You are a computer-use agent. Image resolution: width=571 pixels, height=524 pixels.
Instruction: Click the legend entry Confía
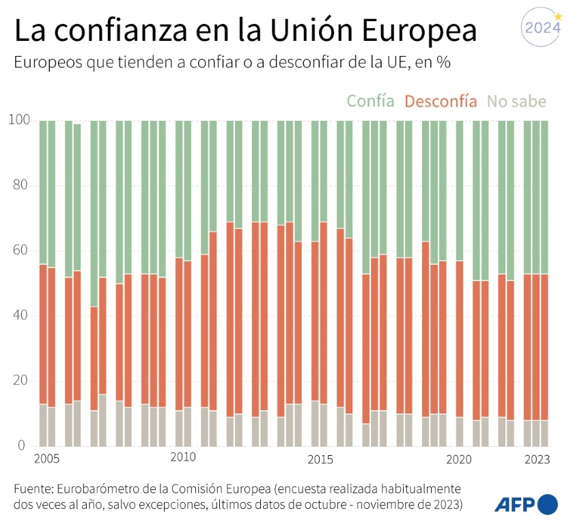(x=370, y=101)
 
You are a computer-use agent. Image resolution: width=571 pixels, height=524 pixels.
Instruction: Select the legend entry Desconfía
(x=441, y=101)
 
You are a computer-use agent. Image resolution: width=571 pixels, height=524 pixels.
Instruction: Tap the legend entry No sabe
(x=516, y=101)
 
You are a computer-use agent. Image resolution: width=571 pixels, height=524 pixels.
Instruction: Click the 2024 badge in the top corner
(x=541, y=29)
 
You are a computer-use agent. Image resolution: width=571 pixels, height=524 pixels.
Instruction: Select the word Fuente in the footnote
(x=33, y=489)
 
